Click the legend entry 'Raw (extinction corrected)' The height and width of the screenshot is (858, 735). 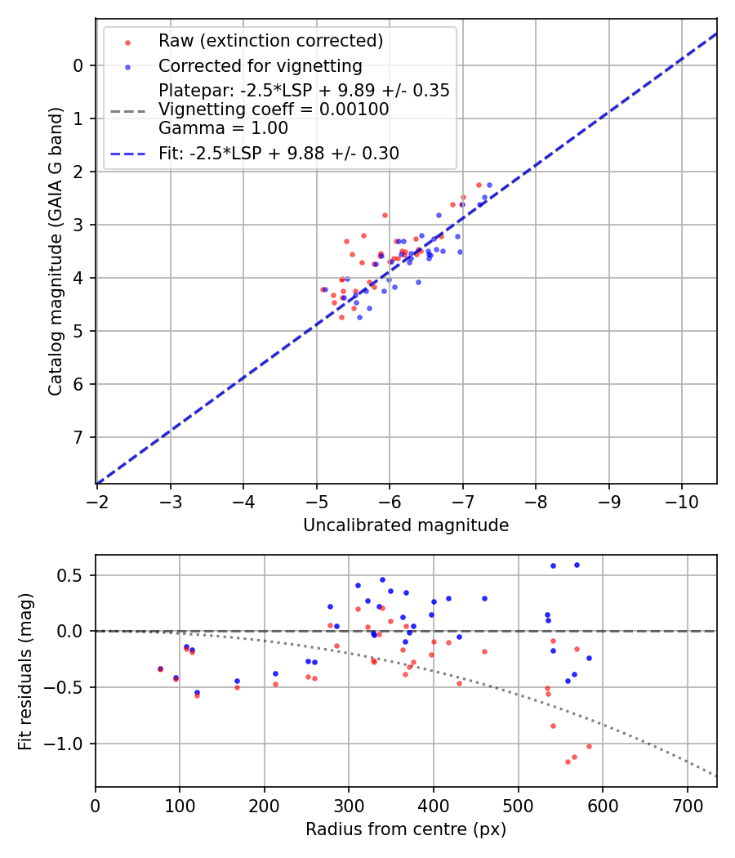click(270, 40)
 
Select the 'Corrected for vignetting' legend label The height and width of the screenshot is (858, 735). click(261, 65)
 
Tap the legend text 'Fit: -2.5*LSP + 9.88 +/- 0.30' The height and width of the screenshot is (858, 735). click(278, 153)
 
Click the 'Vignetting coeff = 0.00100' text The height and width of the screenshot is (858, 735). click(274, 109)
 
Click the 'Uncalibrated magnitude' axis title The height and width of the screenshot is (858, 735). click(406, 525)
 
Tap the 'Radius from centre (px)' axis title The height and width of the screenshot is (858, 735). click(406, 829)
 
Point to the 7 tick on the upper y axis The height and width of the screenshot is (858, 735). click(77, 437)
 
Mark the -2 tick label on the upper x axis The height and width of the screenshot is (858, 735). click(97, 500)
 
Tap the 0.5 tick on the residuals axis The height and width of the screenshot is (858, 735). click(73, 575)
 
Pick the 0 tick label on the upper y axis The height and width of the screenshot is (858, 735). click(77, 65)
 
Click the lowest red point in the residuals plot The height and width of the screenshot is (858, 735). click(568, 762)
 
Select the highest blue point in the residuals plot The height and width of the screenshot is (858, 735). click(577, 565)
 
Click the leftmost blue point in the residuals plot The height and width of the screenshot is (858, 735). click(160, 668)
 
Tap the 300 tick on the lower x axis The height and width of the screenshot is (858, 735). click(349, 804)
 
